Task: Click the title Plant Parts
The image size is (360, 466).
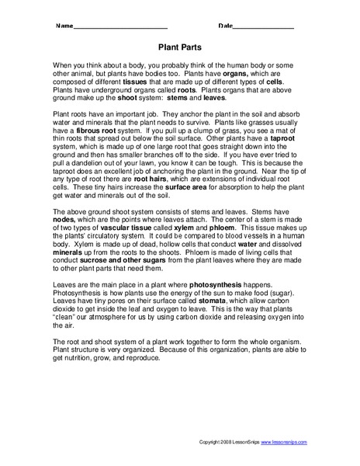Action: tap(179, 46)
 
